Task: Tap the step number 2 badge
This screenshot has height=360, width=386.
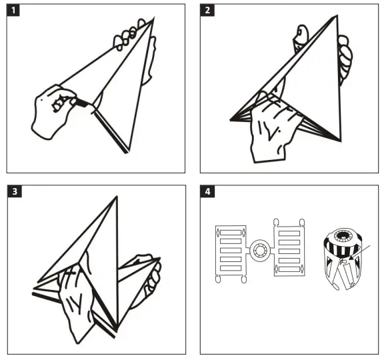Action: [x=208, y=11]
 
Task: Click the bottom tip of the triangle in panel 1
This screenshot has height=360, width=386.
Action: [x=127, y=153]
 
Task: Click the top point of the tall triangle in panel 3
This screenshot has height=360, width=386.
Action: [x=117, y=197]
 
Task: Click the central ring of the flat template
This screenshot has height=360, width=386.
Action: [x=257, y=252]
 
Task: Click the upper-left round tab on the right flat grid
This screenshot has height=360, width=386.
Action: [x=275, y=221]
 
